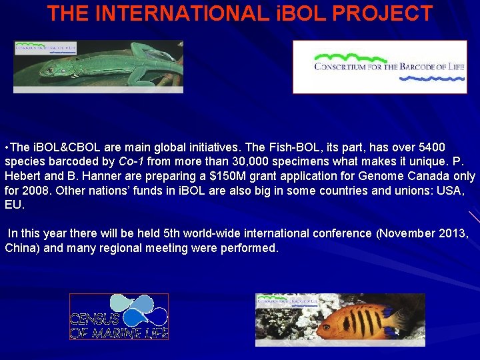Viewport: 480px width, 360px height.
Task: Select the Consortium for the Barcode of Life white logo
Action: point(380,67)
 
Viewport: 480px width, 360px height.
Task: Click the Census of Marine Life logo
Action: point(119,317)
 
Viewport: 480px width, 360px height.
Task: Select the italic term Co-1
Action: point(131,161)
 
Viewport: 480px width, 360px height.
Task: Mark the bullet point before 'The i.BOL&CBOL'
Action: point(6,147)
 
